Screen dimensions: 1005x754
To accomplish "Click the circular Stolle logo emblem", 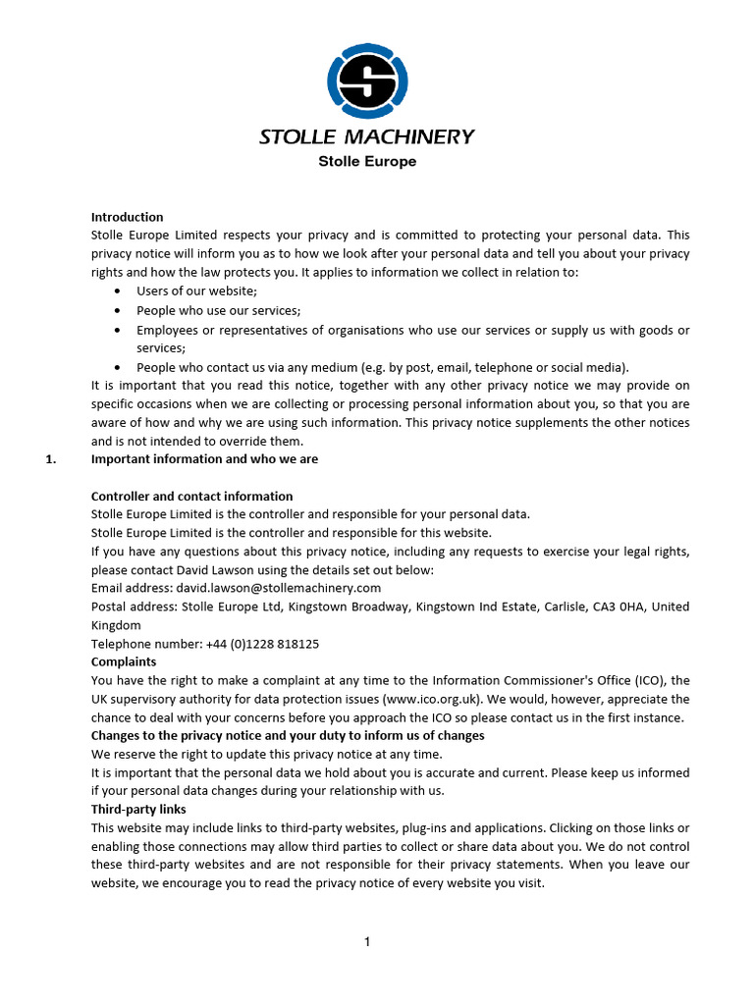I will coord(366,81).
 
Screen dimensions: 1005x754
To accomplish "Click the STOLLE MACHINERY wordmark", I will coord(366,137).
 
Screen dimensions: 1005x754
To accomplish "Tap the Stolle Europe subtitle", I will coord(366,161).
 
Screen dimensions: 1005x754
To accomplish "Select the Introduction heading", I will coord(127,217).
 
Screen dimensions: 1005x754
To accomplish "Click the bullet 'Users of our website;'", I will coord(196,291).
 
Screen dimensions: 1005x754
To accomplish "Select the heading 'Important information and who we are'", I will coord(204,459).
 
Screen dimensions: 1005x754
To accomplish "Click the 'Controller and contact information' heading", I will coord(191,497).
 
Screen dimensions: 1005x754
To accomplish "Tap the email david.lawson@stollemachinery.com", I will coord(278,589).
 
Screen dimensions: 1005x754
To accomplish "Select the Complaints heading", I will coord(124,662).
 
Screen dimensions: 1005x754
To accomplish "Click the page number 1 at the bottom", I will coord(367,943).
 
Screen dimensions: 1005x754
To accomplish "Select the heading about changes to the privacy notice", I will coord(288,736).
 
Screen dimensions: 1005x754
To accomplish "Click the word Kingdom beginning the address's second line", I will coord(116,625).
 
